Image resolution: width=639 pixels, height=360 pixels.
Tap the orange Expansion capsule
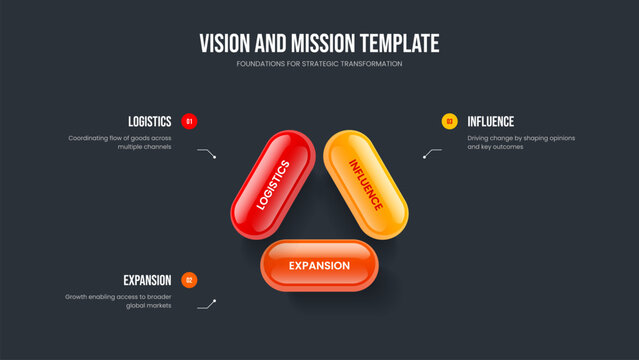click(x=319, y=265)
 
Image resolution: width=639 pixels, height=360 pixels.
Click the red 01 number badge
click(x=190, y=121)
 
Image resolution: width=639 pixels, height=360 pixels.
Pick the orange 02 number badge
click(x=190, y=280)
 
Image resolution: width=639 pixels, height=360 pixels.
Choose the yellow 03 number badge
click(x=449, y=121)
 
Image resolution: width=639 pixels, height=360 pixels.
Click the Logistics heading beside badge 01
click(x=149, y=121)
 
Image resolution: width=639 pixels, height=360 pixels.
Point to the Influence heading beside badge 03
click(x=491, y=121)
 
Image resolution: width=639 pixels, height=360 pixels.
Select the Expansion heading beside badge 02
click(x=147, y=280)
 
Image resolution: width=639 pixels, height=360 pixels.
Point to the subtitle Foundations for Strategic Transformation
click(x=319, y=63)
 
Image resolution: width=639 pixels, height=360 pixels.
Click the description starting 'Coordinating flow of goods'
click(x=120, y=142)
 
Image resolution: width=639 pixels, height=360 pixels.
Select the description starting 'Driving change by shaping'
click(x=521, y=142)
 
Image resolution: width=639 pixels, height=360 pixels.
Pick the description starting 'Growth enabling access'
click(x=119, y=301)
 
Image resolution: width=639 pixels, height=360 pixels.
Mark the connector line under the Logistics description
click(x=206, y=153)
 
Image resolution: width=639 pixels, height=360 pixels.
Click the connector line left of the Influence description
click(x=432, y=153)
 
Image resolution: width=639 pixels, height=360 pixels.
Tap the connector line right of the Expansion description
click(x=207, y=303)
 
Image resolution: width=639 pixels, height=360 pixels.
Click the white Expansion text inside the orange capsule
click(x=319, y=266)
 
